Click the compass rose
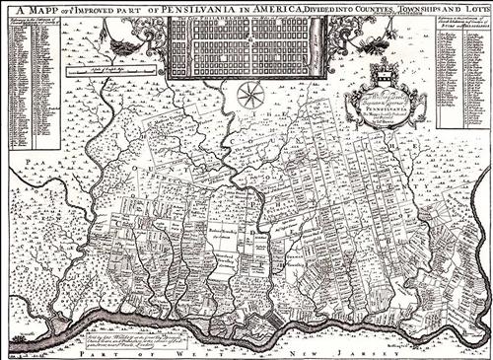248,96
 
